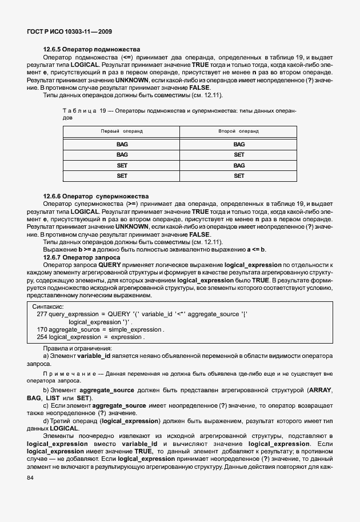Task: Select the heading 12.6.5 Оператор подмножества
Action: tap(92, 50)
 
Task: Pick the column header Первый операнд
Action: tap(122, 131)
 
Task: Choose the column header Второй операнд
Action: tap(239, 131)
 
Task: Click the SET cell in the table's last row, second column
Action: tap(239, 176)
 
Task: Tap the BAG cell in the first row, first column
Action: tap(122, 145)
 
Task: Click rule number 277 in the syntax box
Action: tap(42, 314)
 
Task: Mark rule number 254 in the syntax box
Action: tap(42, 337)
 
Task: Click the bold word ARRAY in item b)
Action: tap(321, 390)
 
